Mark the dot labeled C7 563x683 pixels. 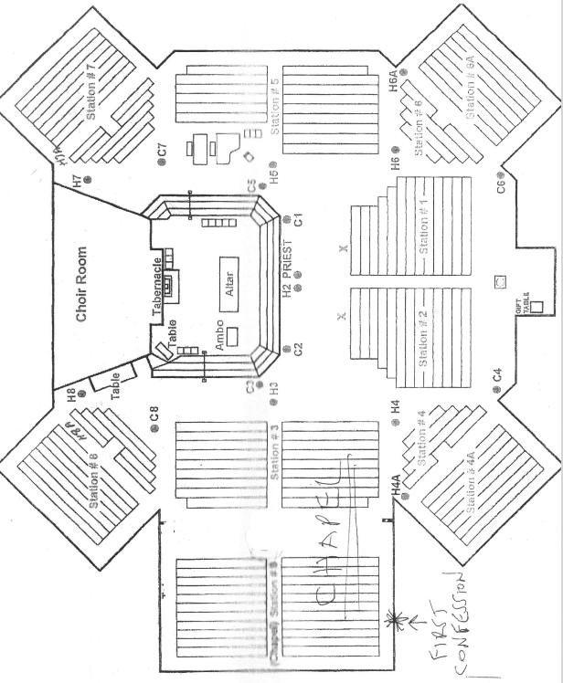(163, 162)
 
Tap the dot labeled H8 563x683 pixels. (81, 394)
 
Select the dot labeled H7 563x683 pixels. (88, 182)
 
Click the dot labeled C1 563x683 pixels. (286, 218)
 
